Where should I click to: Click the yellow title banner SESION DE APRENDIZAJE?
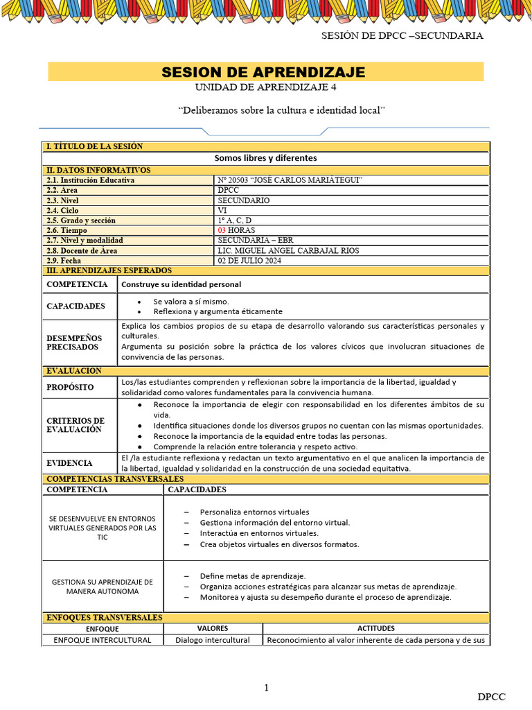265,72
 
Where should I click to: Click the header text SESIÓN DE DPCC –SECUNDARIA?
402,35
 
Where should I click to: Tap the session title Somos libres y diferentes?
265,158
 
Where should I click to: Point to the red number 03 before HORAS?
222,230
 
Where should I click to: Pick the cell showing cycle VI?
222,210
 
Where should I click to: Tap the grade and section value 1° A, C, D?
235,220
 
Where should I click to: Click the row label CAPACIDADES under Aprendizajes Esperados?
76,306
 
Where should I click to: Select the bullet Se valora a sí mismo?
191,302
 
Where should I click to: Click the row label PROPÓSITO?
70,387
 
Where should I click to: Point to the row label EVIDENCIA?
69,462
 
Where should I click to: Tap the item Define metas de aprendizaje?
252,575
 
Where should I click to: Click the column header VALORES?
213,628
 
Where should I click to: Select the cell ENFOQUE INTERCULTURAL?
103,640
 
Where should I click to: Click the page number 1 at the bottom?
266,687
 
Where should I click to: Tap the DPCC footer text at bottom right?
491,696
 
